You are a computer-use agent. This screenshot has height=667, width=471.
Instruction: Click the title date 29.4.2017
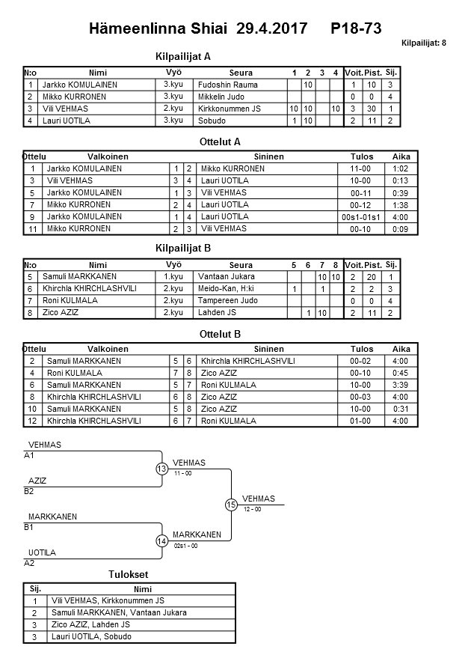[271, 29]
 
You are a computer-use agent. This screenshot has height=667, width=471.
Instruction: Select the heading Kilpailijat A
[183, 56]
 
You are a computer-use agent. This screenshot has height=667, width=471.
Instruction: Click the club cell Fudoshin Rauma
[228, 85]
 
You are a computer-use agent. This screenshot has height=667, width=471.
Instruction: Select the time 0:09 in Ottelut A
[401, 229]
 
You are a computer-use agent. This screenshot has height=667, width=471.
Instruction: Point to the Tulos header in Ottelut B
[362, 350]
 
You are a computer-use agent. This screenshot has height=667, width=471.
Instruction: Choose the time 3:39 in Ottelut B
[401, 386]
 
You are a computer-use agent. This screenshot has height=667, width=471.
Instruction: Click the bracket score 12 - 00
[253, 510]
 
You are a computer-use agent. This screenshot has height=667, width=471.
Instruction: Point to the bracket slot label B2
[29, 491]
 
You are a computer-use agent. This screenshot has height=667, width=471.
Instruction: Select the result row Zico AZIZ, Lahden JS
[90, 624]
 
